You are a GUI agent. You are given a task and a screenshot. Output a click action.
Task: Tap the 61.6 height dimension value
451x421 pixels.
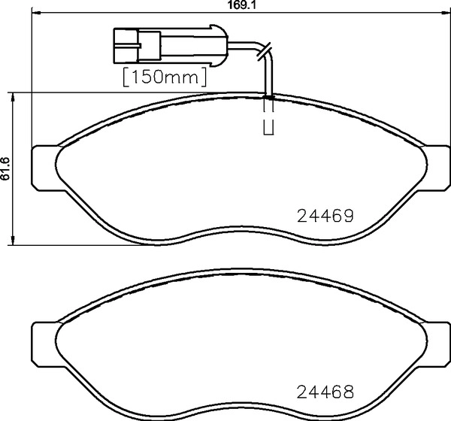[x=5, y=169]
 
